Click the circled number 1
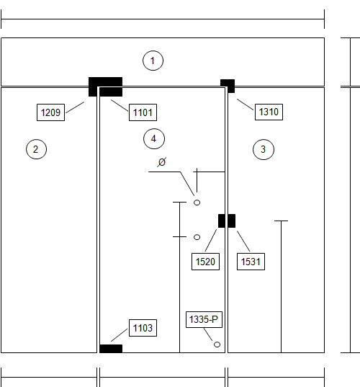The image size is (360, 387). point(153,61)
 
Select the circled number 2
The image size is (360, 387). point(36,149)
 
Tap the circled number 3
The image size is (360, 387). point(264,149)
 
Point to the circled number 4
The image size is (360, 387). point(154,138)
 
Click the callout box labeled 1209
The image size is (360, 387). point(50,112)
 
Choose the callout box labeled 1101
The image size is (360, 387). point(143,112)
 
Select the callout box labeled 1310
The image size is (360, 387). point(269,112)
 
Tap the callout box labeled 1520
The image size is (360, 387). point(205,262)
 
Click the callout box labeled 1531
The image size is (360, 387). point(251,262)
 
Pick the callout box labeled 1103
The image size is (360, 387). point(143,328)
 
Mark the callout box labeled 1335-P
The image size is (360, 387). point(204,320)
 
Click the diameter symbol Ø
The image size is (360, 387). point(162,162)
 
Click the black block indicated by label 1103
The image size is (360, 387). point(111,349)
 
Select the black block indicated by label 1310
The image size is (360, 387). point(228,86)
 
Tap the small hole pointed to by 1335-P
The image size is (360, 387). point(217,344)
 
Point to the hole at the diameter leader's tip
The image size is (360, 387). point(197,203)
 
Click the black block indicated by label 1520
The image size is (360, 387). point(222,221)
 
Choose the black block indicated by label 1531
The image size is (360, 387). point(232,221)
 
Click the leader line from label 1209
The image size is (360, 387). point(75,107)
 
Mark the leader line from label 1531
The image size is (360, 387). point(243,241)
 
